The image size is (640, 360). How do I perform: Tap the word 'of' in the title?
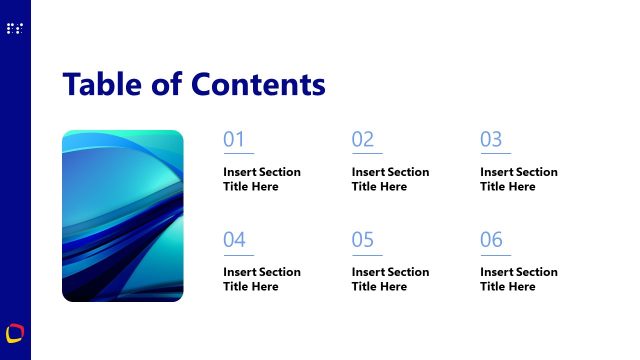click(x=167, y=84)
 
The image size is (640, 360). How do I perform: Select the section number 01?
click(x=234, y=140)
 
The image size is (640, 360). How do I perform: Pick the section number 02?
click(x=362, y=140)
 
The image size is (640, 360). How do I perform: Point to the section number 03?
click(x=491, y=140)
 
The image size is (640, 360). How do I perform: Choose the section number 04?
click(x=234, y=240)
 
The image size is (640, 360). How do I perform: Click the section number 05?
click(x=362, y=240)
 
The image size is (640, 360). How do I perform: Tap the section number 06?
click(x=491, y=240)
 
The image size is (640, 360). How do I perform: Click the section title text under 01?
click(x=261, y=179)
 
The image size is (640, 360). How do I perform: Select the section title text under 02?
click(x=390, y=179)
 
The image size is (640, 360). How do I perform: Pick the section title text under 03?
click(x=518, y=179)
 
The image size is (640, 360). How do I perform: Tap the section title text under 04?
click(x=261, y=279)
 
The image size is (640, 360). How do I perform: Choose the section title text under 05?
click(x=390, y=279)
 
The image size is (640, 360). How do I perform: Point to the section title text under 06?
click(x=518, y=279)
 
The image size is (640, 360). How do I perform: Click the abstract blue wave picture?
click(x=123, y=215)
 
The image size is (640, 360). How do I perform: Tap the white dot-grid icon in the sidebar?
click(x=14, y=29)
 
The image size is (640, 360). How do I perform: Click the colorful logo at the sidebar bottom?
click(x=14, y=331)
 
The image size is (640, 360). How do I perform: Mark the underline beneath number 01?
click(x=238, y=154)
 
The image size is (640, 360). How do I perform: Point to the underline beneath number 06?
click(x=495, y=254)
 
